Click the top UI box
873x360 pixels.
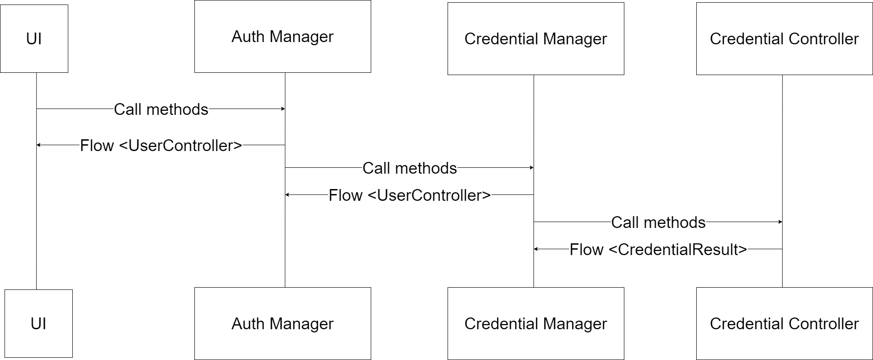(34, 38)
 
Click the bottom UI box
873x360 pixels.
(38, 323)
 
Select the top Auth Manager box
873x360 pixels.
(283, 36)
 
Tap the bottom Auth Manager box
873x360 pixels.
(283, 323)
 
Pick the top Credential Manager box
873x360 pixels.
(536, 38)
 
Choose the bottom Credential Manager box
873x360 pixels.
(536, 323)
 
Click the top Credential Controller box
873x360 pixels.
(784, 38)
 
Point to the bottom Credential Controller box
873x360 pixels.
(784, 323)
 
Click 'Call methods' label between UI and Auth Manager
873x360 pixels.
(161, 109)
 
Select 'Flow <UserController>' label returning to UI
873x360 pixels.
(161, 145)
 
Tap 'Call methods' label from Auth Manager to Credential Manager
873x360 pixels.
(410, 168)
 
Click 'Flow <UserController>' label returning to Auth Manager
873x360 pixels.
(410, 195)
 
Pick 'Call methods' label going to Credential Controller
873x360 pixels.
(658, 222)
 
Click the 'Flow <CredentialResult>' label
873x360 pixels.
(658, 249)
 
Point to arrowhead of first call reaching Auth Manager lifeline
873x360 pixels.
(283, 109)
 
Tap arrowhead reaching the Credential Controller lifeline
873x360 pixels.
(780, 222)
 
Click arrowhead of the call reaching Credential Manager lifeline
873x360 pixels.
(531, 168)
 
